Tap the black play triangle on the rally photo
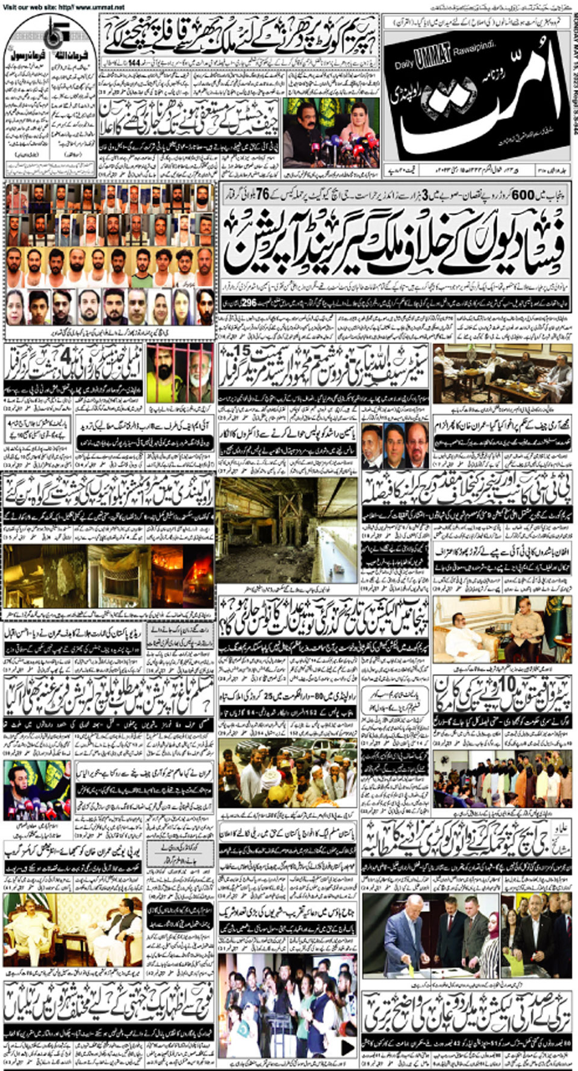pos(347,1048)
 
